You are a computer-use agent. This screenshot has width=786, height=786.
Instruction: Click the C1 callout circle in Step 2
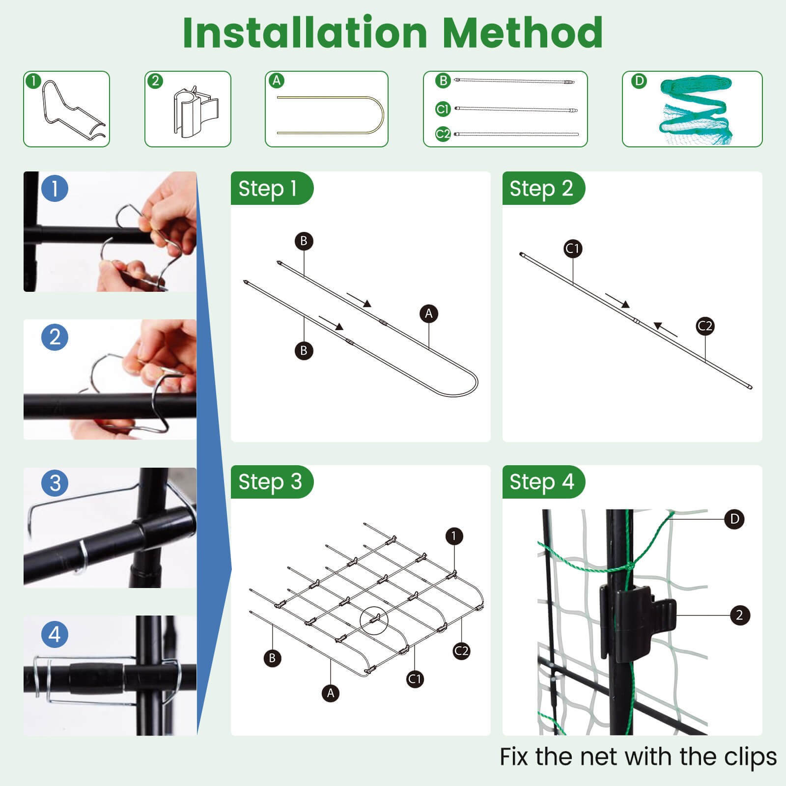[x=573, y=249]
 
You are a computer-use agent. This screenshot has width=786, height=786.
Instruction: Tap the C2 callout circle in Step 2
[x=705, y=326]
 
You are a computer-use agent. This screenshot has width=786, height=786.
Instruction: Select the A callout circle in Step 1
[x=429, y=313]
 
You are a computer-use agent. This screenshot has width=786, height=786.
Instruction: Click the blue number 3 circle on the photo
[x=55, y=483]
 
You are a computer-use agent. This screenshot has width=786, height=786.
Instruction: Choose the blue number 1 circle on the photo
[x=55, y=188]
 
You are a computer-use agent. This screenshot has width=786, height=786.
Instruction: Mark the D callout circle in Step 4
[x=734, y=519]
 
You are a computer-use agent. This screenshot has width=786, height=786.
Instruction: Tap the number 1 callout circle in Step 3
[x=454, y=536]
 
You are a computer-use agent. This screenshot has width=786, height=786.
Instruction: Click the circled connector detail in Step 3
[x=374, y=620]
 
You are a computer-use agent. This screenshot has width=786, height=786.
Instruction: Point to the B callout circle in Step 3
[x=272, y=658]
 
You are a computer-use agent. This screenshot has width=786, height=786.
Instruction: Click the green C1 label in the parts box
[x=443, y=109]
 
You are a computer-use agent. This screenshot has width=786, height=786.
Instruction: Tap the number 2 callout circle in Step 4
[x=739, y=615]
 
